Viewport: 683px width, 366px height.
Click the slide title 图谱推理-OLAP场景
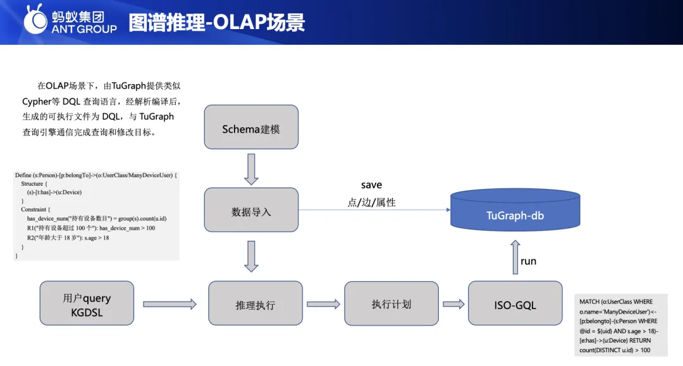click(217, 22)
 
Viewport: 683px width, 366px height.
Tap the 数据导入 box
click(251, 210)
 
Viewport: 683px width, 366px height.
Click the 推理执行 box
click(255, 303)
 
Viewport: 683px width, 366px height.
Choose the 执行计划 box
click(391, 303)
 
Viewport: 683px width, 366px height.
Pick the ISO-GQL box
click(515, 304)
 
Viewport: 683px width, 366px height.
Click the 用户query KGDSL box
click(87, 304)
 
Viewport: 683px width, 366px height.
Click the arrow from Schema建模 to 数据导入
click(251, 169)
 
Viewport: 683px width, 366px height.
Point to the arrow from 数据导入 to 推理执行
click(251, 256)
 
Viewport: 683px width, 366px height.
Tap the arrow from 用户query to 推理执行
click(169, 304)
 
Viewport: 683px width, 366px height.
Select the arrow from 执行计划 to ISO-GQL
click(453, 304)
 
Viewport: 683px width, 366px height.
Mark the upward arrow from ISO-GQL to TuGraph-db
click(515, 256)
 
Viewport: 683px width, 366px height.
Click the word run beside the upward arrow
click(528, 260)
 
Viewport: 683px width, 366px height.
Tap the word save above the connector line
click(371, 185)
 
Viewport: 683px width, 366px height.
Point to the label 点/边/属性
click(372, 202)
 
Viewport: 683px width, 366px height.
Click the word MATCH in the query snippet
click(589, 302)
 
